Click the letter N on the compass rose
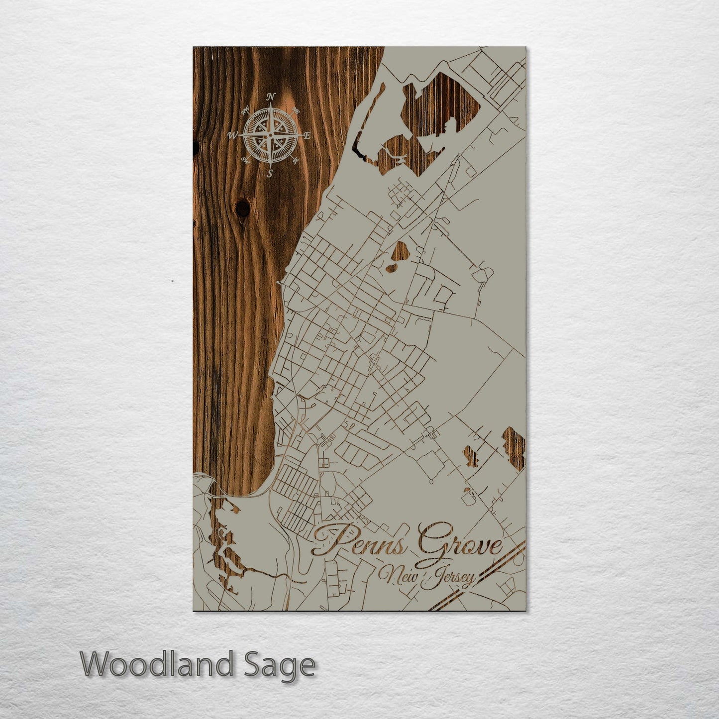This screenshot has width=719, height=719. [x=271, y=97]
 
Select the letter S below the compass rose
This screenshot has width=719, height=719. [x=270, y=174]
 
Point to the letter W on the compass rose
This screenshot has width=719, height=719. [x=233, y=135]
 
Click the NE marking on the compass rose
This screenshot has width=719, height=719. [x=295, y=110]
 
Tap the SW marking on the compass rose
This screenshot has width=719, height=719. [x=245, y=160]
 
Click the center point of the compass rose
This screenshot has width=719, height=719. [x=270, y=135]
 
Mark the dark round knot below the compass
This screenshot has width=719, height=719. [x=243, y=208]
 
